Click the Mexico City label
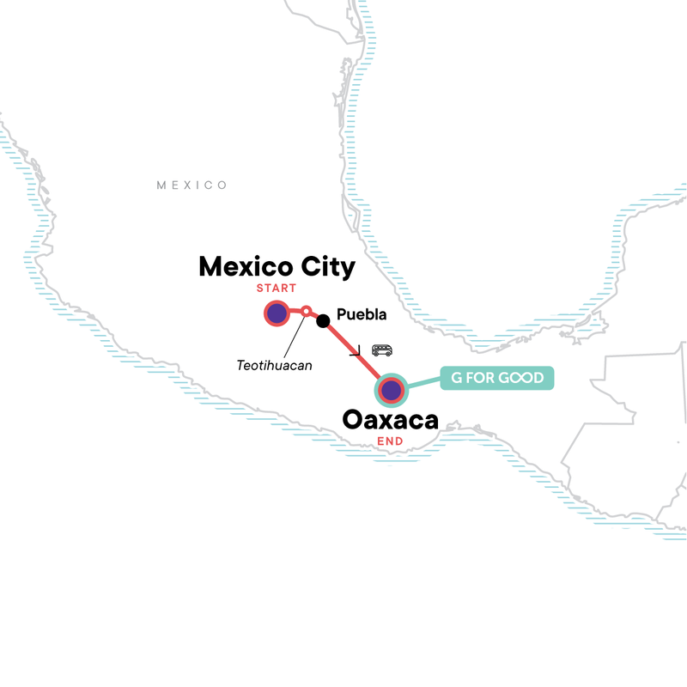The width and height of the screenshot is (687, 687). pyautogui.click(x=277, y=267)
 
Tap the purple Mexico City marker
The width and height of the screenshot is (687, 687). pyautogui.click(x=277, y=314)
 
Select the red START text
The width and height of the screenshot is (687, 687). pyautogui.click(x=277, y=289)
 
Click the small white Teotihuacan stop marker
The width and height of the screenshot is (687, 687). pyautogui.click(x=306, y=311)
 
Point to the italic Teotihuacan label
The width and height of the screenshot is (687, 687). pyautogui.click(x=274, y=365)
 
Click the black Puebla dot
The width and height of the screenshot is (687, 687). pyautogui.click(x=323, y=321)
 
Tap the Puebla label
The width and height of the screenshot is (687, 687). pyautogui.click(x=362, y=314)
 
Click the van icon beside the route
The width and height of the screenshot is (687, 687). pyautogui.click(x=382, y=350)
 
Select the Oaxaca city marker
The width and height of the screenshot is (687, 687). pyautogui.click(x=392, y=390)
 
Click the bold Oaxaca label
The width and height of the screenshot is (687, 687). pyautogui.click(x=391, y=421)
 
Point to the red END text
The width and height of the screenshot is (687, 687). pyautogui.click(x=391, y=442)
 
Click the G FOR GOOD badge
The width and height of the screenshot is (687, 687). pyautogui.click(x=497, y=378)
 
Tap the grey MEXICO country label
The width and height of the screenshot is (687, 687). pyautogui.click(x=192, y=185)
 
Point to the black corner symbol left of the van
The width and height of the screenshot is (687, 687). pyautogui.click(x=355, y=351)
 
